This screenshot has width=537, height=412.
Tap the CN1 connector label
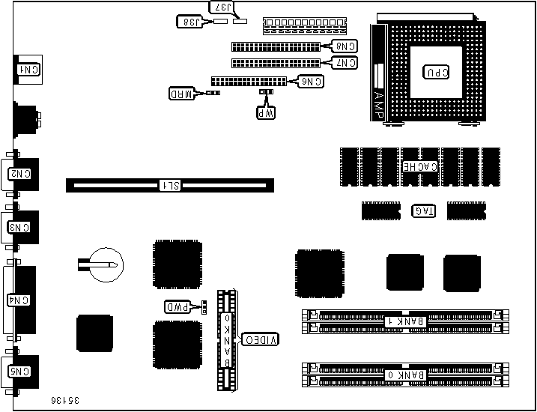pyautogui.click(x=28, y=69)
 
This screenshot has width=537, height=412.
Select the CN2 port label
pyautogui.click(x=20, y=174)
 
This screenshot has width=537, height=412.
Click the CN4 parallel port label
pyautogui.click(x=20, y=300)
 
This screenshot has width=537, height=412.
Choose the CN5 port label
pyautogui.click(x=20, y=371)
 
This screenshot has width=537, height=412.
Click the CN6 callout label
pyautogui.click(x=311, y=81)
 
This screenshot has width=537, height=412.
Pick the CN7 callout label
pyautogui.click(x=345, y=63)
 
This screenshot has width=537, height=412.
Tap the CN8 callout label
pyautogui.click(x=345, y=46)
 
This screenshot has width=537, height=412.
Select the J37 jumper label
pyautogui.click(x=223, y=8)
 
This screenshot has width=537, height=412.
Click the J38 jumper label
pyautogui.click(x=190, y=22)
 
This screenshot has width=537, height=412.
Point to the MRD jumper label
pyautogui.click(x=182, y=94)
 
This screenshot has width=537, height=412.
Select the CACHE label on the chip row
pyautogui.click(x=420, y=166)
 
